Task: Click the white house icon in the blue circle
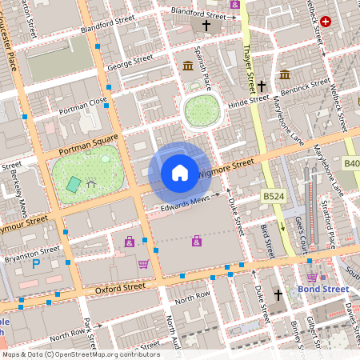click(180, 172)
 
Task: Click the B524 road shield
click(274, 195)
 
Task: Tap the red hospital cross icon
click(326, 22)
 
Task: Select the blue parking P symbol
click(36, 263)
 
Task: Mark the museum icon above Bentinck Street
click(285, 74)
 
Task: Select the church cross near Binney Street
click(279, 295)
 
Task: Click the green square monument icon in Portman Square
click(74, 184)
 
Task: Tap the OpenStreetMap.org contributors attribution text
click(106, 354)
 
